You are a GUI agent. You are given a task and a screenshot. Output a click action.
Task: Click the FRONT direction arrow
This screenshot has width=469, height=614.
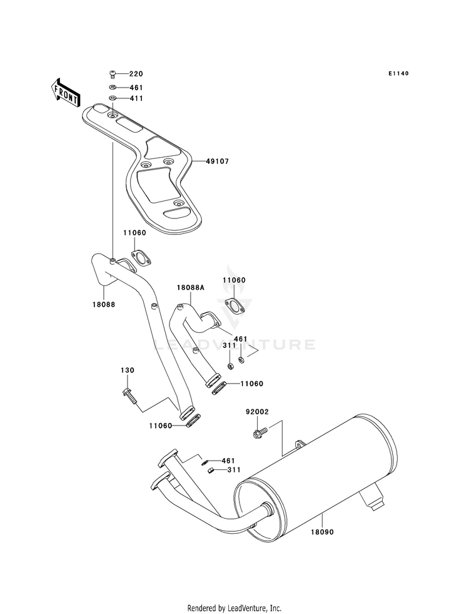[65, 93]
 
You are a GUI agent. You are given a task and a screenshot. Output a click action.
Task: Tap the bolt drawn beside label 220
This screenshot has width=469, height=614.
[112, 74]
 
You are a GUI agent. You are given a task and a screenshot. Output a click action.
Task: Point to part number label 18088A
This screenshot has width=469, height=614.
[191, 287]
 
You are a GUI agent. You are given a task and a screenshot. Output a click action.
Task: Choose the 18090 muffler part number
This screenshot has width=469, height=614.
[322, 532]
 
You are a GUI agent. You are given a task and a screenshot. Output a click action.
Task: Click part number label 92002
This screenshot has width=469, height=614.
[257, 412]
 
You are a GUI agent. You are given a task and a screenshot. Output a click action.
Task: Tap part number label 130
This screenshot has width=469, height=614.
[127, 371]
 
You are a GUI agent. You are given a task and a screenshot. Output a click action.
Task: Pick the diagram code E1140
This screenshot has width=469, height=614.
[398, 74]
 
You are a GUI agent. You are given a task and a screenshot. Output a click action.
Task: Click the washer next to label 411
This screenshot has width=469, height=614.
[113, 98]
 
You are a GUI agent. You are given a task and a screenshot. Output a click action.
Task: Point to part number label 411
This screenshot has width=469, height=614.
[136, 98]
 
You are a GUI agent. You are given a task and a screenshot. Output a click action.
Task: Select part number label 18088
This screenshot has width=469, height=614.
[104, 304]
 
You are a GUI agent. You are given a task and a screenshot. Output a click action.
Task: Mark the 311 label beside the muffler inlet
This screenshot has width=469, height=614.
[234, 470]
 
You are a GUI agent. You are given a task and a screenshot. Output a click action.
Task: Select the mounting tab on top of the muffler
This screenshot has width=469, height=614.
[300, 444]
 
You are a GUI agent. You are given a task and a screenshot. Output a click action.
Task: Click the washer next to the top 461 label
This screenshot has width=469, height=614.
[113, 88]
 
